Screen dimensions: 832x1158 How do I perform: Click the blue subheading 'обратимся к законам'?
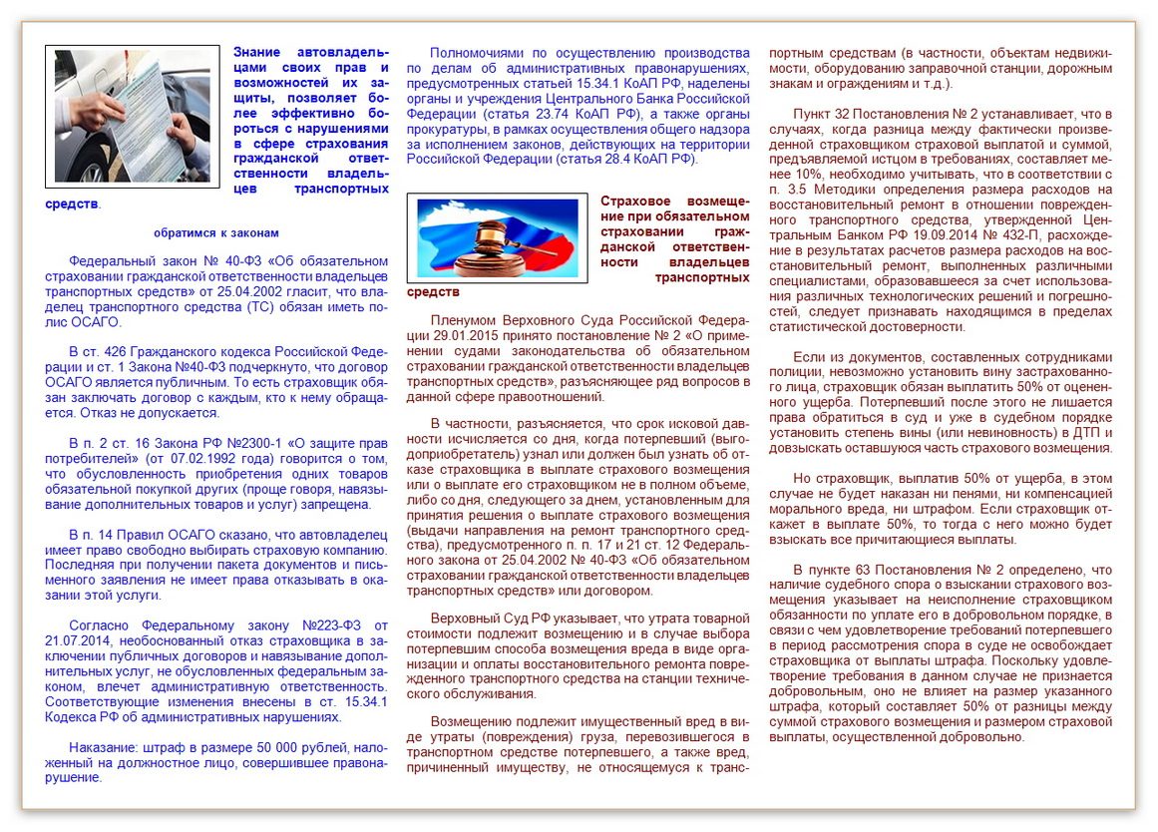click(x=216, y=232)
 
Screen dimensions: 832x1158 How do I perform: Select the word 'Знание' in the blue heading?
click(x=257, y=52)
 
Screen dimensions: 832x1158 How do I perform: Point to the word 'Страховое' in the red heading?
click(x=634, y=201)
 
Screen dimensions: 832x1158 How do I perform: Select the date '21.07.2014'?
click(x=79, y=641)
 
